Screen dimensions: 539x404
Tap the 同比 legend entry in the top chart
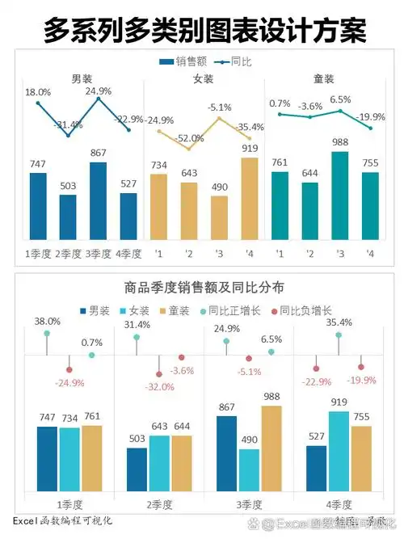coord(232,61)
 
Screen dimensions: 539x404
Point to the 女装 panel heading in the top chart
coord(203,79)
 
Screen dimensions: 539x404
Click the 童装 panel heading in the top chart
coord(325,79)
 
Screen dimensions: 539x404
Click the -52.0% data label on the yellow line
coord(190,138)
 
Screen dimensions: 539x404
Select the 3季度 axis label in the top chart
coord(99,254)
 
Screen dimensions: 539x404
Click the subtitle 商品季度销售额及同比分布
coord(203,287)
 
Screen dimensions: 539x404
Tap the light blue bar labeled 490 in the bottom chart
coord(250,470)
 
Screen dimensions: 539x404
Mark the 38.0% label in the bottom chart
coord(48,322)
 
